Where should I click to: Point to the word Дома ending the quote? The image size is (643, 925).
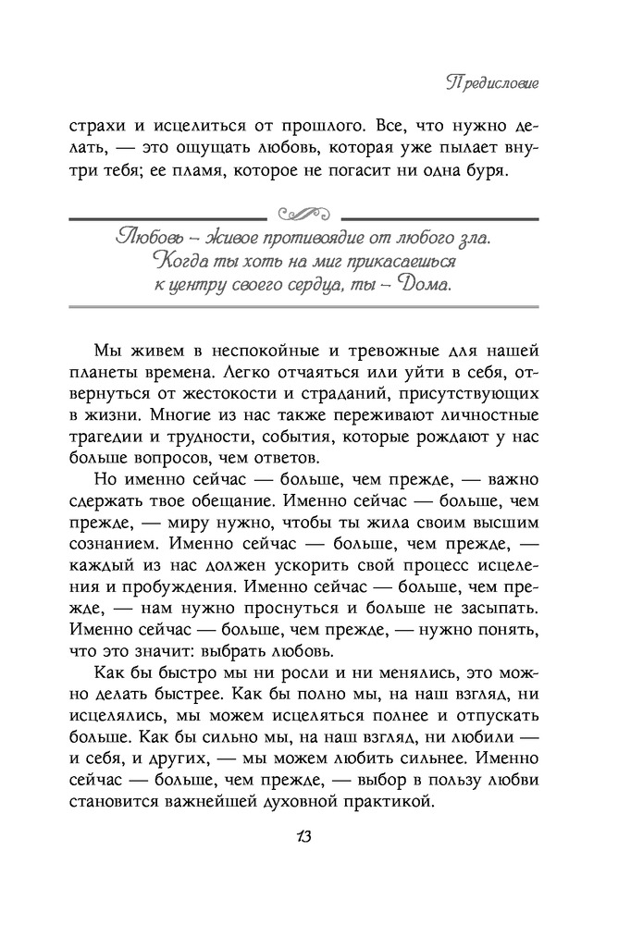coord(424,283)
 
